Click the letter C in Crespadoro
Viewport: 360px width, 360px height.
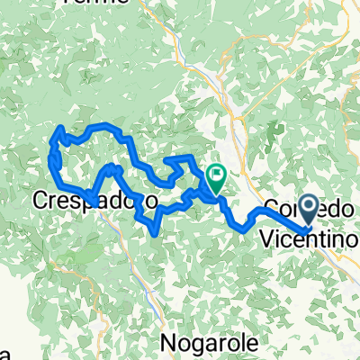(42, 198)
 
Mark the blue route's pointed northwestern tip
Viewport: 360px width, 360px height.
(60, 130)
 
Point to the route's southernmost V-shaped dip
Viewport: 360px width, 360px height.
(158, 232)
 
